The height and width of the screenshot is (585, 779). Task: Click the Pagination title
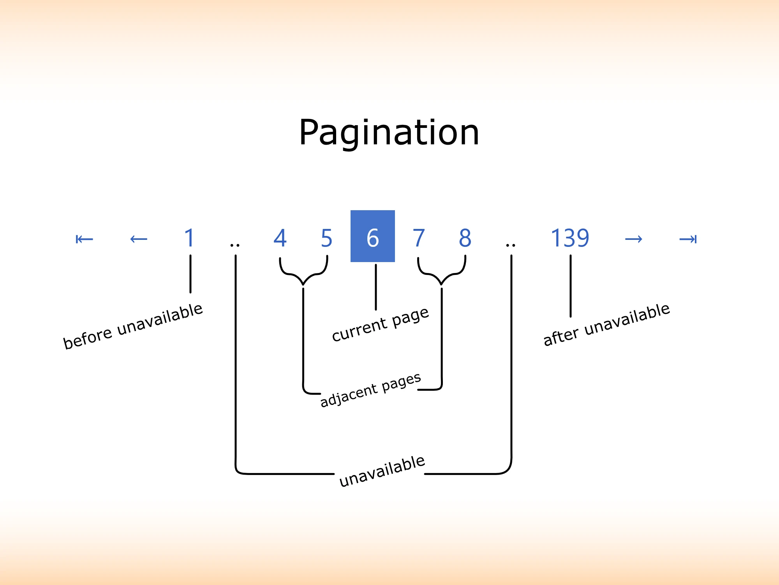(x=389, y=133)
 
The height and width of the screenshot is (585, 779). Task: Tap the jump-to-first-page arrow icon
(x=84, y=239)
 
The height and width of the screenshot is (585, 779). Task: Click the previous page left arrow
(x=139, y=239)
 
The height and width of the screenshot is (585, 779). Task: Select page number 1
(x=190, y=238)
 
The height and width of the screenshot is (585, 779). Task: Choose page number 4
(x=280, y=238)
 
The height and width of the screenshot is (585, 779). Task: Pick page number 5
(x=326, y=238)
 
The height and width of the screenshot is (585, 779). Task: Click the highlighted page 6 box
(x=373, y=236)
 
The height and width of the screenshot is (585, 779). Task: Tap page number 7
(x=419, y=238)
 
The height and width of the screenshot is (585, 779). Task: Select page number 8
(x=465, y=238)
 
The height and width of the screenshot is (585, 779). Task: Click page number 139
(x=570, y=238)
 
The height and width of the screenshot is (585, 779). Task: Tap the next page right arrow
(x=633, y=239)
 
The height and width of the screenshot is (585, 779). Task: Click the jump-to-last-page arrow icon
(x=688, y=239)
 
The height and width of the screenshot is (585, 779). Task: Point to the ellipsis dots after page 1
(x=235, y=245)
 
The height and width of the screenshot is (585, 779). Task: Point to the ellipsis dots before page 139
(x=511, y=245)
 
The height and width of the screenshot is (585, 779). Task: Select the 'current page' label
(x=380, y=324)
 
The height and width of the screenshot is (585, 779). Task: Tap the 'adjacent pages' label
(x=370, y=390)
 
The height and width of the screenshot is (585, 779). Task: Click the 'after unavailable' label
(x=606, y=325)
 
